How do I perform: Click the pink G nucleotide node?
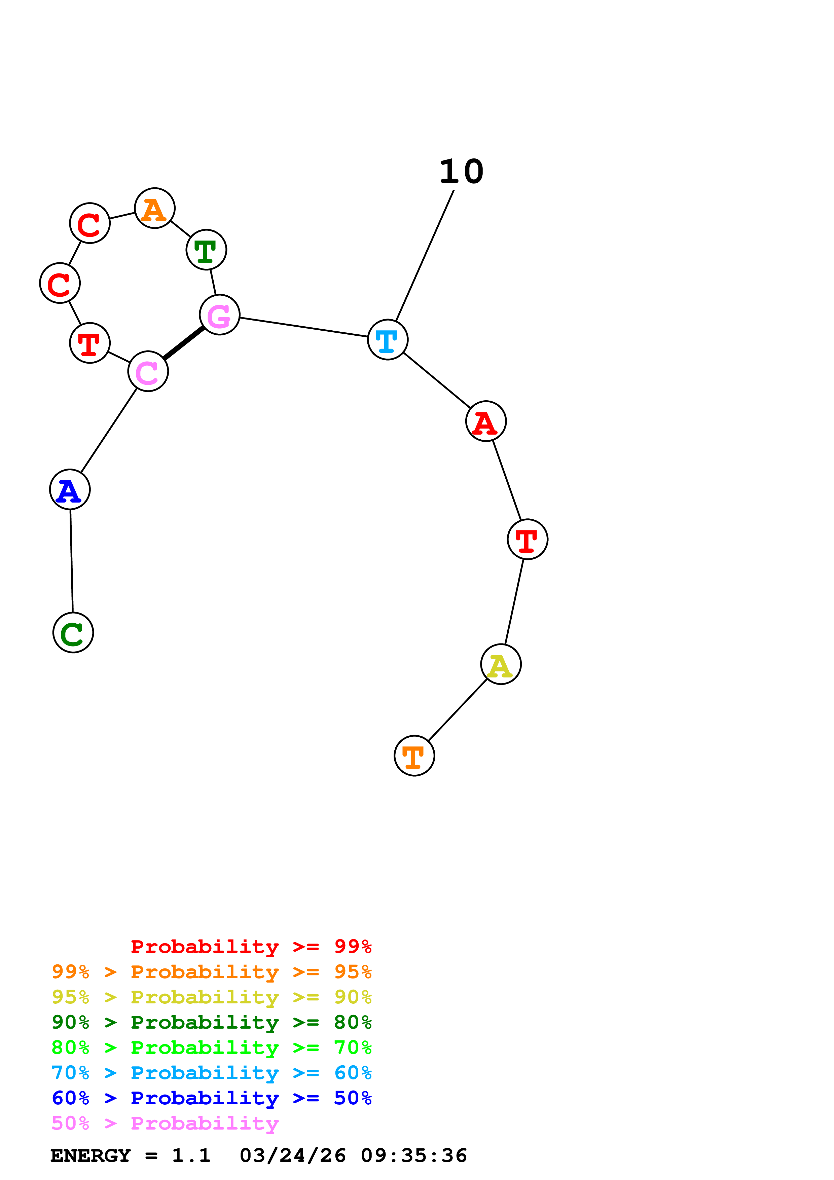[x=219, y=315]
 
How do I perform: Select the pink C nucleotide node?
[x=148, y=372]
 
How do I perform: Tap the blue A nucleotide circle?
[x=70, y=490]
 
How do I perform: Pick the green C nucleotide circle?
[x=73, y=633]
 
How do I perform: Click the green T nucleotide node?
[x=206, y=250]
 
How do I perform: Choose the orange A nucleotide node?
[x=155, y=208]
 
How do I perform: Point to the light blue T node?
[x=388, y=340]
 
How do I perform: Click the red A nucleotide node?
[x=485, y=421]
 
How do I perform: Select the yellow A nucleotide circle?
[x=501, y=665]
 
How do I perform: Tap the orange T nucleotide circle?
[x=414, y=756]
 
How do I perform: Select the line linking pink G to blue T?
[x=303, y=327]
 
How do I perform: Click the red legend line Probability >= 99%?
[x=251, y=947]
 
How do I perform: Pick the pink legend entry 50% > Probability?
[x=165, y=1123]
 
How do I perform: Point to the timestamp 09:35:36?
[x=414, y=1156]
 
